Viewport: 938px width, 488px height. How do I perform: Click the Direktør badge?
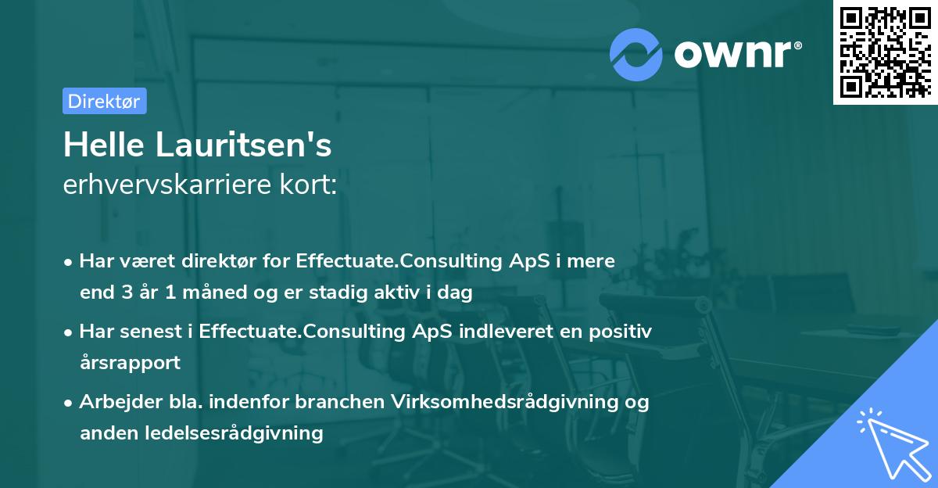coord(104,101)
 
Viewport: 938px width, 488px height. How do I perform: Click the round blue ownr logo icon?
coord(636,54)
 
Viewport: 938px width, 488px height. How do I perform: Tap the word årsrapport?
coord(130,362)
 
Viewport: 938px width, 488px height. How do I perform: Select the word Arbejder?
coord(116,402)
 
